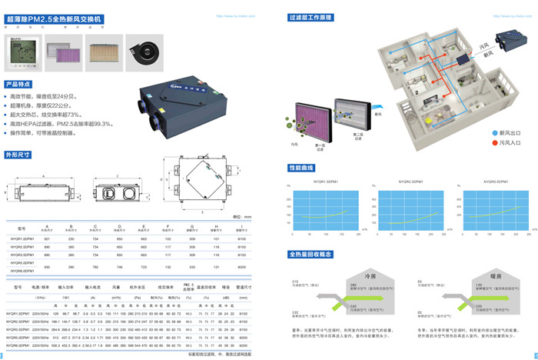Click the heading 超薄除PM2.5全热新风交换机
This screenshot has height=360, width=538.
tap(53, 17)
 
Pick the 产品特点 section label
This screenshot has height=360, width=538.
tap(18, 83)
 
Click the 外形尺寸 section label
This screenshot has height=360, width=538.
tap(18, 154)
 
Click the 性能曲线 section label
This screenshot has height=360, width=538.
tap(303, 167)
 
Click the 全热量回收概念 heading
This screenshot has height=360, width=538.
tap(312, 254)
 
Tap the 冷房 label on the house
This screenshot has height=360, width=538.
tap(370, 275)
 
